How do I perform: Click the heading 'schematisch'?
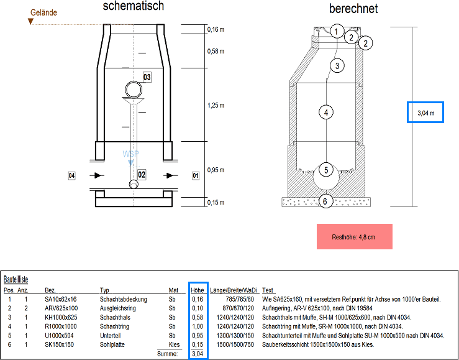(x=133, y=7)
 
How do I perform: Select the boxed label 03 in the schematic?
(x=147, y=78)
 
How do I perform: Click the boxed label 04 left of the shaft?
(x=71, y=176)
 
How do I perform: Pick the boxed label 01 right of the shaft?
(x=196, y=176)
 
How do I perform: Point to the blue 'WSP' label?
(x=130, y=154)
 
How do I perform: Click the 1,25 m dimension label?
(x=216, y=106)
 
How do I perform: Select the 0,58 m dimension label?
(x=216, y=51)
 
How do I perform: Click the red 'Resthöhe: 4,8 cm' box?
(x=353, y=237)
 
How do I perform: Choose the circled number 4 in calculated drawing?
(x=325, y=113)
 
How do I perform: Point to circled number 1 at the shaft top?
(x=336, y=30)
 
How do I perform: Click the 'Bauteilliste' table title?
(x=16, y=280)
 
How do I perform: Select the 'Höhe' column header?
(x=198, y=290)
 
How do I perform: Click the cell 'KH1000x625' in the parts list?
(x=61, y=317)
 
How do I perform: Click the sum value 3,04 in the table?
(x=198, y=354)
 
